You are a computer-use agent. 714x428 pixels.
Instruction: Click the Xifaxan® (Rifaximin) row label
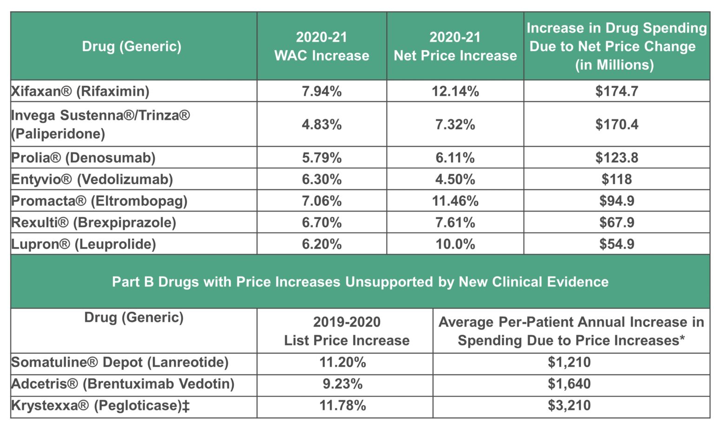click(x=80, y=91)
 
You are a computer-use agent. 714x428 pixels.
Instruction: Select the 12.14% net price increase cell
click(x=455, y=91)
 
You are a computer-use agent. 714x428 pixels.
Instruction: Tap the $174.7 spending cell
click(x=616, y=91)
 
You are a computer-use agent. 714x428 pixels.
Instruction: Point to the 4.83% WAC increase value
click(x=322, y=125)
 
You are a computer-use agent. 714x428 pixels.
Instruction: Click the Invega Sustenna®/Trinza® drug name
click(x=100, y=115)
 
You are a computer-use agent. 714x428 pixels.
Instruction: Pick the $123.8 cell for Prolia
click(x=616, y=158)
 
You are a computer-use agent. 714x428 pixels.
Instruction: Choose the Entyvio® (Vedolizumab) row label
click(x=92, y=179)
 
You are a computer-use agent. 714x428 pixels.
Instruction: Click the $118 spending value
click(x=616, y=179)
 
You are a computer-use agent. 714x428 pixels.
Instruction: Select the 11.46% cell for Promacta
click(x=455, y=201)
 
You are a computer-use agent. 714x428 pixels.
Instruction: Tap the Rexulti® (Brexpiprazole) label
click(x=93, y=223)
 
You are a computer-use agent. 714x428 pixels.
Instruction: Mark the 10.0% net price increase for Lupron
click(x=455, y=244)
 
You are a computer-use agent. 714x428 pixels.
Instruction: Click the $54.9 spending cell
click(x=616, y=244)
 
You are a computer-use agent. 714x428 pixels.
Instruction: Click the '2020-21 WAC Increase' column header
click(x=322, y=46)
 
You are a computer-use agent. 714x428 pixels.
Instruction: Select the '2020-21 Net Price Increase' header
click(x=455, y=46)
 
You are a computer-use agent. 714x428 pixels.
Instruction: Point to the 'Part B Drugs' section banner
click(x=360, y=282)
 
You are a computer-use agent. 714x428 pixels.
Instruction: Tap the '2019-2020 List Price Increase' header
click(x=347, y=331)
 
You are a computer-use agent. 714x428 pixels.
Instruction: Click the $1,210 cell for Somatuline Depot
click(x=569, y=362)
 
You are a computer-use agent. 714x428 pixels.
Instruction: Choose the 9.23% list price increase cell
click(x=343, y=384)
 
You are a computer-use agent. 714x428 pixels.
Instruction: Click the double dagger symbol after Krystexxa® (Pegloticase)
click(x=186, y=406)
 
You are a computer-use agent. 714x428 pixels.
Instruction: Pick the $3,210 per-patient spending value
click(x=569, y=405)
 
